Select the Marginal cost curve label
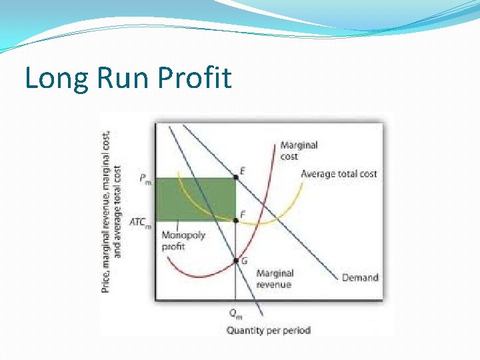(x=299, y=151)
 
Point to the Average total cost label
(x=339, y=174)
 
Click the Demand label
(x=360, y=277)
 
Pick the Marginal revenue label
(x=274, y=279)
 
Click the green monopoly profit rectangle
(x=196, y=198)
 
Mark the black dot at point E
(x=235, y=177)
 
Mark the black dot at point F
(x=235, y=220)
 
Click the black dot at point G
(x=235, y=261)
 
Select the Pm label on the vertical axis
(x=145, y=178)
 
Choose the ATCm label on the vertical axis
(x=140, y=222)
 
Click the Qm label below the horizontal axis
(x=235, y=313)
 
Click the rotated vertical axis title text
(x=111, y=210)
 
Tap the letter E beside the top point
(x=243, y=171)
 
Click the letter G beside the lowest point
(x=244, y=261)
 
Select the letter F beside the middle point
(x=243, y=214)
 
